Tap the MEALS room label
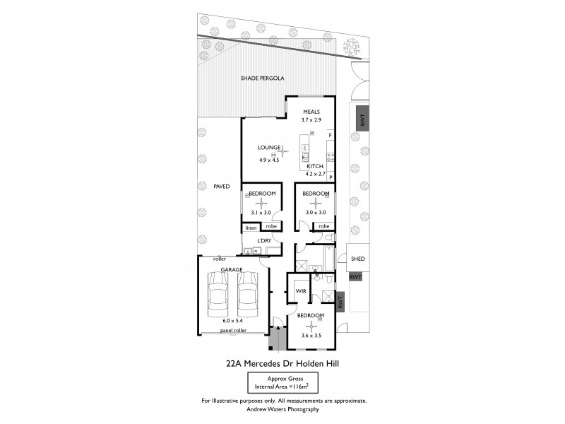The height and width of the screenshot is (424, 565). (311, 112)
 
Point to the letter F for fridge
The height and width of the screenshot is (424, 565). (330, 134)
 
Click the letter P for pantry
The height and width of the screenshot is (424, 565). (330, 177)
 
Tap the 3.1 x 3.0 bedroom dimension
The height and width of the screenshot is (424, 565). (261, 212)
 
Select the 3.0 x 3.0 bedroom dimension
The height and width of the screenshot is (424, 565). (315, 212)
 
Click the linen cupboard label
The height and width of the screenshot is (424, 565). (250, 227)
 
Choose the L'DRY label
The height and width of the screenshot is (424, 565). (264, 241)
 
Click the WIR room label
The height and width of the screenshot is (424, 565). (299, 290)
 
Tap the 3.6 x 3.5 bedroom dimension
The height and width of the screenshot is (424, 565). (311, 335)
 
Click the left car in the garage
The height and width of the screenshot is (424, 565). (218, 295)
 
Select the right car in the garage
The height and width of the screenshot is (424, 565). (249, 295)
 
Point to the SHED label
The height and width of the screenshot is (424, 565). (357, 259)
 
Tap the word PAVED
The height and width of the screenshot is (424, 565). (222, 187)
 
